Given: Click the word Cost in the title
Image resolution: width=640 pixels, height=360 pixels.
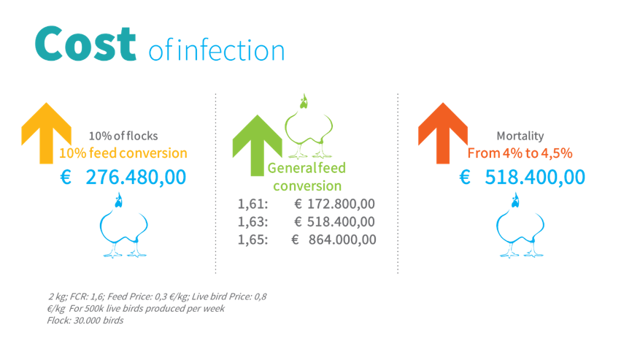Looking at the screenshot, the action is [85, 43].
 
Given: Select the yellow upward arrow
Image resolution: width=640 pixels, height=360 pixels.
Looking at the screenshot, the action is [46, 133].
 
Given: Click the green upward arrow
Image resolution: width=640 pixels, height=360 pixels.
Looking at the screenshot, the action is [257, 145].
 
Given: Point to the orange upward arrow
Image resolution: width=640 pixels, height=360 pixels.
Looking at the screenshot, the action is [443, 133].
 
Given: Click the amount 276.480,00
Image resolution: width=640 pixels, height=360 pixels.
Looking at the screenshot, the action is [136, 177].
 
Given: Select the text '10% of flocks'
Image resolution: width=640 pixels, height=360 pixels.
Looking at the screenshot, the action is [123, 136].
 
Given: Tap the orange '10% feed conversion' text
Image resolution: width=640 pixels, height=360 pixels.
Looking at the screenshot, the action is [123, 153].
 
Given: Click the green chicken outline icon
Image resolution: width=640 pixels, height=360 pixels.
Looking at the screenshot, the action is [308, 126].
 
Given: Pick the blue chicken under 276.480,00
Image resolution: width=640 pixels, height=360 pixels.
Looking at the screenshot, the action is [123, 225].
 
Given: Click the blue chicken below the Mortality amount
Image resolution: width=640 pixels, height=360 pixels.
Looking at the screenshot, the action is [520, 225].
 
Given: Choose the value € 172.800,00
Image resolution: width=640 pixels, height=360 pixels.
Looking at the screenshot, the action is [334, 204].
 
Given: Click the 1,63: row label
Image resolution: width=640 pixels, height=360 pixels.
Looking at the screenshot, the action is [253, 221].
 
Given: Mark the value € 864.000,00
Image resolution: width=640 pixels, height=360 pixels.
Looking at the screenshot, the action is [334, 240].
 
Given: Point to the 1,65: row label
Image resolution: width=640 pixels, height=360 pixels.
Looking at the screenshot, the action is [253, 240].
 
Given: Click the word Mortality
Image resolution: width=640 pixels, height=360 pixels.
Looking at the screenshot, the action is [520, 136].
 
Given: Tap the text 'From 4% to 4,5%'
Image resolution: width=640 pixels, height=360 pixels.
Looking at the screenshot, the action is [520, 153].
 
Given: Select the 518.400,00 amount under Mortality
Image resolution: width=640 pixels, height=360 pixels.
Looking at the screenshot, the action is [535, 177].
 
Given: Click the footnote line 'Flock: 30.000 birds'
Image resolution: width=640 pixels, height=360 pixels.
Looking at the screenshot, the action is [85, 321].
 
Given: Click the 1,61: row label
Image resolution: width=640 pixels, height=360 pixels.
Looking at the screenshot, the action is [253, 204].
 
